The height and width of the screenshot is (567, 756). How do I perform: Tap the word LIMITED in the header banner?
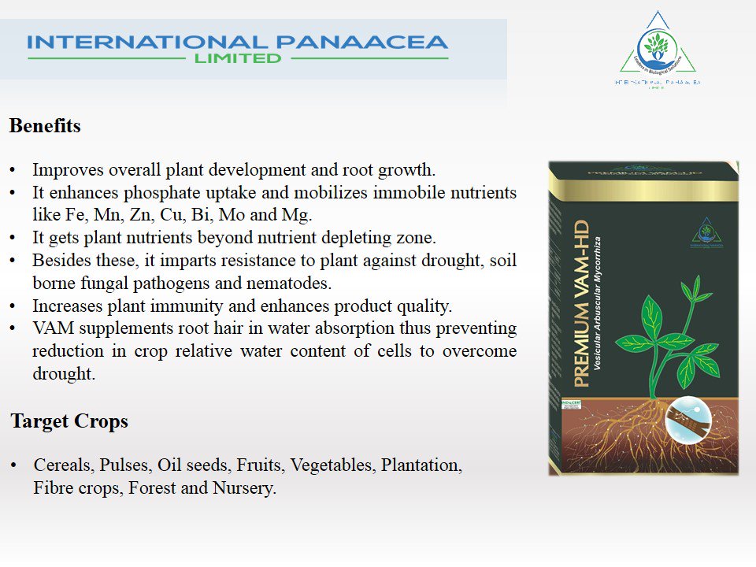[233, 58]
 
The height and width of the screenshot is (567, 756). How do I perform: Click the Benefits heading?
[45, 126]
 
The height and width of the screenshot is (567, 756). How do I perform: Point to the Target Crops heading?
[69, 421]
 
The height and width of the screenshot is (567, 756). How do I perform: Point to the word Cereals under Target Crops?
[61, 465]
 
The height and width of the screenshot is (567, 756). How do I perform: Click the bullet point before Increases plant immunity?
[13, 305]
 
